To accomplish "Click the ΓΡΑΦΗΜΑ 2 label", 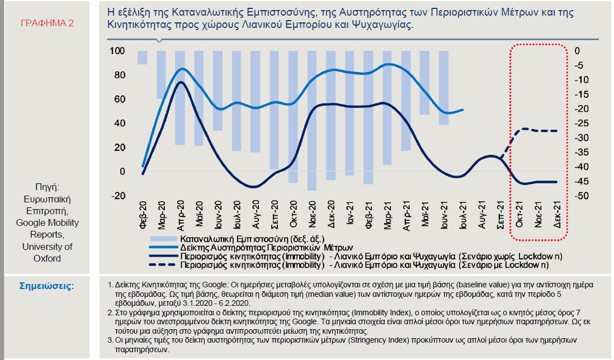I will (47, 23).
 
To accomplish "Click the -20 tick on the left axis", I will (118, 196).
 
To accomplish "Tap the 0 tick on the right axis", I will (578, 51).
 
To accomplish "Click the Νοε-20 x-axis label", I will (311, 213).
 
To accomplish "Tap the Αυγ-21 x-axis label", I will (481, 213).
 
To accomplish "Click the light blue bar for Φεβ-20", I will (143, 58).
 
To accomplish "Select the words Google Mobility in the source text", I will (48, 222).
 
